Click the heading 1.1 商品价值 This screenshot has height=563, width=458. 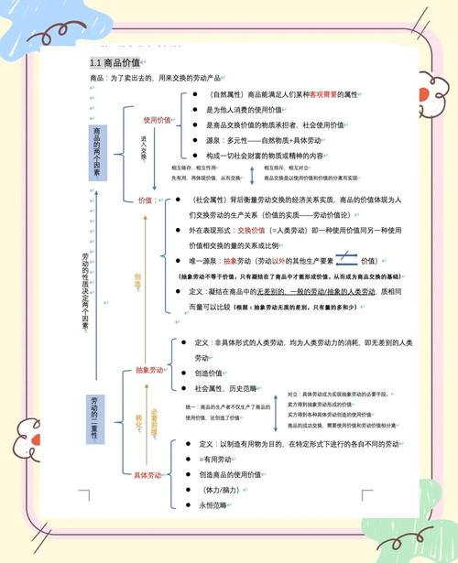point(114,63)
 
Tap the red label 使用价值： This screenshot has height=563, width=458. point(158,120)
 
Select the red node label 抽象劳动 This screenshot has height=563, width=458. point(148,371)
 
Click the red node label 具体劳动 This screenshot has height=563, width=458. point(148,474)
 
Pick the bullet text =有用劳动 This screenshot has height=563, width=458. point(216,459)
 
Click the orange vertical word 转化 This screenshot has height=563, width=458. point(139,423)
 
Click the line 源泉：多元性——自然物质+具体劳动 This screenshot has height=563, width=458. point(266,141)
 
